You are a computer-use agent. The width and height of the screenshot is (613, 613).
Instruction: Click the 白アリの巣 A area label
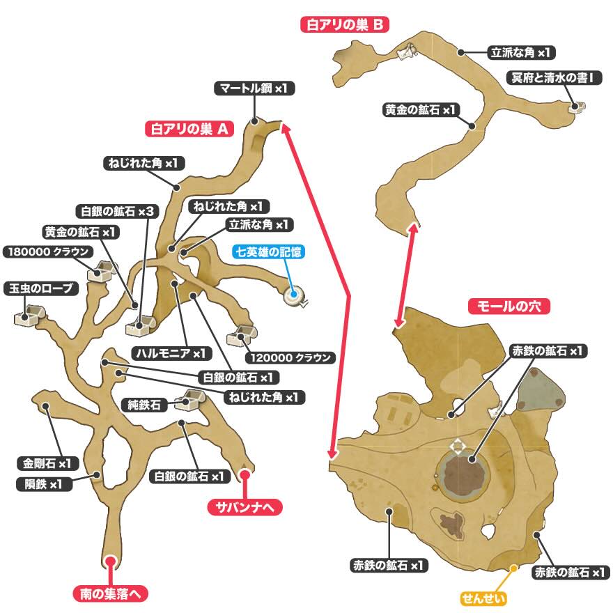[x=189, y=129]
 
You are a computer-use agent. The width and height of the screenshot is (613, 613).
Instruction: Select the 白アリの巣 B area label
[x=344, y=26]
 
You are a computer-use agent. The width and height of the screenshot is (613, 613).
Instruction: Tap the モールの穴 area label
[x=509, y=306]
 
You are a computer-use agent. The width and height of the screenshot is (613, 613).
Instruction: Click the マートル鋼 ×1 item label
[x=255, y=88]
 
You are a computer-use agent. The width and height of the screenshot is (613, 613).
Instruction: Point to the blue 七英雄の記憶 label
[x=269, y=251]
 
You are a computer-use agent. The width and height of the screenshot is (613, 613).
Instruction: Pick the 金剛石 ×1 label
[x=47, y=463]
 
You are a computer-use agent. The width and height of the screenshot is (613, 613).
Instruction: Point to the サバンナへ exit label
[x=245, y=508]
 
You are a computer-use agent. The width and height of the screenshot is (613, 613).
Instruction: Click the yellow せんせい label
[x=483, y=598]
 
